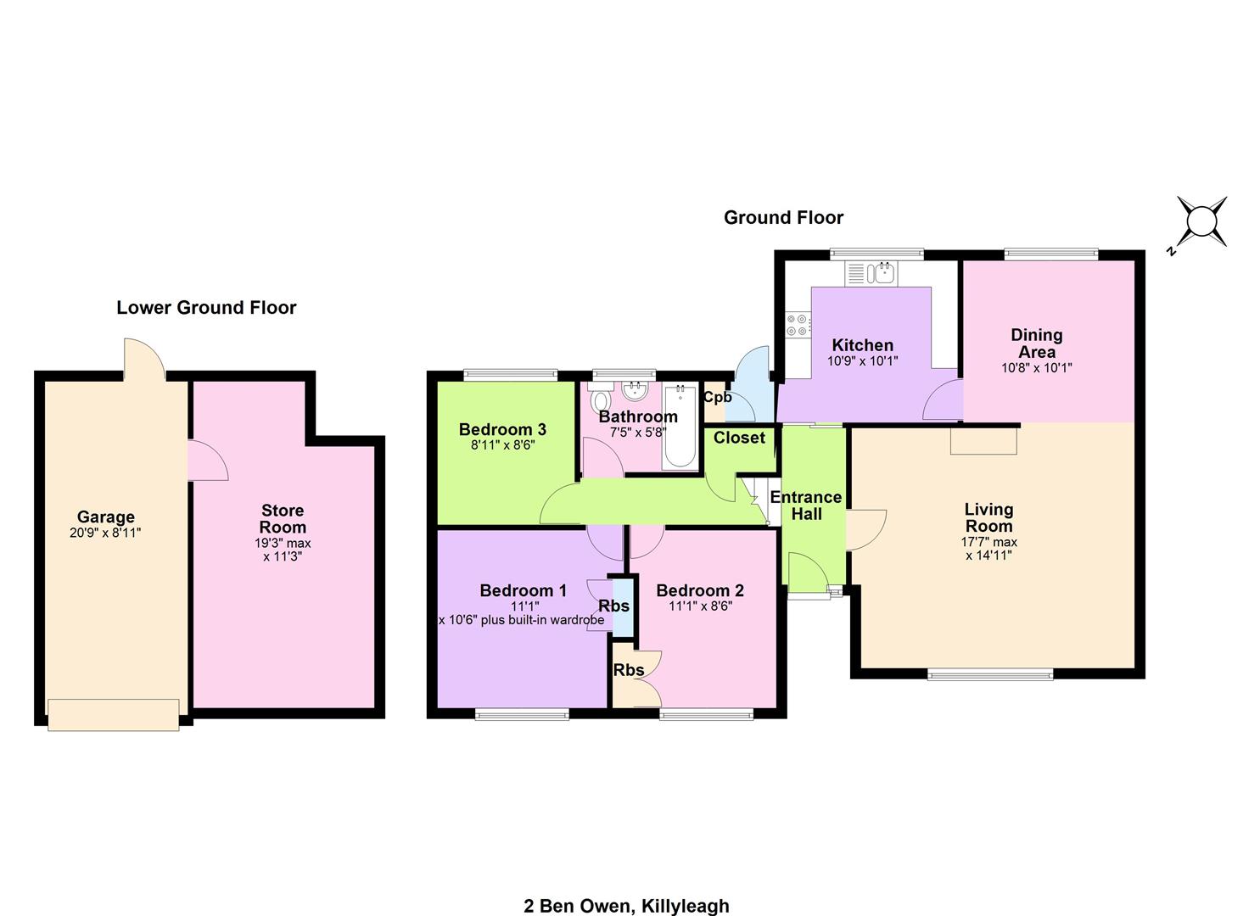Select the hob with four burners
798,325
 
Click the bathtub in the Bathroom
680,427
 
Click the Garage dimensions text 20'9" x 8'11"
105,533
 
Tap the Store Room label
283,518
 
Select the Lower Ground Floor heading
206,308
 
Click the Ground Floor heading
783,218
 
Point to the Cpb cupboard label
718,397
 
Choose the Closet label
739,438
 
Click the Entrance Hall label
806,505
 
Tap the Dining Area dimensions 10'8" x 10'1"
1037,368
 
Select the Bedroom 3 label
502,430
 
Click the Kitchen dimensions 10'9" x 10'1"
862,361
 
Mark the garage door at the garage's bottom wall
114,715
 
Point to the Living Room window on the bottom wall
990,674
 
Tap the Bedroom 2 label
700,590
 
